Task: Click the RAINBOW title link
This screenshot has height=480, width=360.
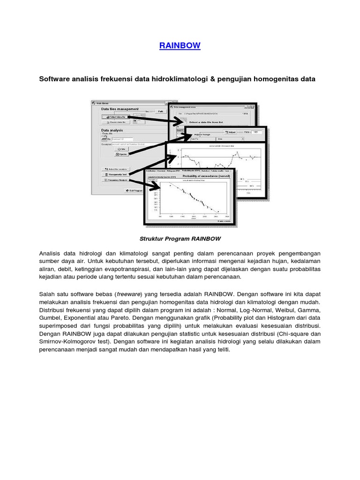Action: pyautogui.click(x=180, y=45)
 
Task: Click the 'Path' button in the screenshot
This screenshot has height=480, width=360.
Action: pyautogui.click(x=160, y=111)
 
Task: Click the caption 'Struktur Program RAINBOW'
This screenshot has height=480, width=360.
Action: pyautogui.click(x=180, y=239)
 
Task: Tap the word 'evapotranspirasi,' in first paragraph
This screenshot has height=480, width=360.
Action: pyautogui.click(x=158, y=269)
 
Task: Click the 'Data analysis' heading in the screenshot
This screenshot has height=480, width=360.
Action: pyautogui.click(x=112, y=131)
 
